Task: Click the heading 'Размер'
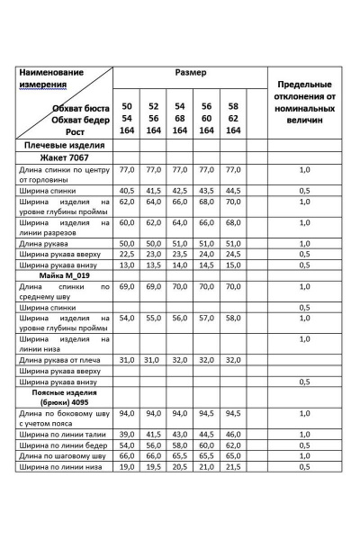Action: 191,72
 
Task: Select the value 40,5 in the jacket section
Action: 126,191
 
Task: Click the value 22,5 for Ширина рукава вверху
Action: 126,254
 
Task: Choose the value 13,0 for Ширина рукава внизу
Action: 126,265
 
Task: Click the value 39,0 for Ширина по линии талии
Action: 126,434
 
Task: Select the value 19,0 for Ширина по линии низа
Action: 126,467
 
